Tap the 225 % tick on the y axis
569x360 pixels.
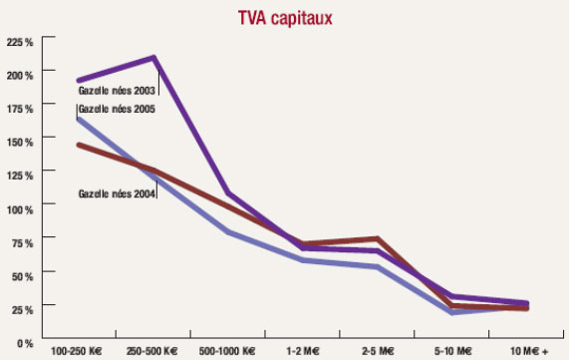tap(20, 41)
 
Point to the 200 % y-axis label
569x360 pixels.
tap(20, 75)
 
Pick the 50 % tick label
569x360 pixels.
tap(22, 276)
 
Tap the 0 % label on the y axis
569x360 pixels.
tap(25, 343)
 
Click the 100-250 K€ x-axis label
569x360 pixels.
tap(79, 352)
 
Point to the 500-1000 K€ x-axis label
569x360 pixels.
tap(227, 352)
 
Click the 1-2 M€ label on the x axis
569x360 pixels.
tap(302, 352)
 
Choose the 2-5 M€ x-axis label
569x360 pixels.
tap(377, 352)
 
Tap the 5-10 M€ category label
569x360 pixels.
tap(451, 352)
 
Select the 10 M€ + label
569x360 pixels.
tap(528, 352)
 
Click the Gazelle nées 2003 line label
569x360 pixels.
tap(117, 89)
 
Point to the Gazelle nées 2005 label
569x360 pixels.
tap(117, 107)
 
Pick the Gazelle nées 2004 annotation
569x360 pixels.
tap(117, 192)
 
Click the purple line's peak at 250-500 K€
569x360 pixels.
tap(153, 58)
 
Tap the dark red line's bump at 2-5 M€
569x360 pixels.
tap(377, 238)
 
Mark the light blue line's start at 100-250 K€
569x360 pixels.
tap(79, 119)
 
